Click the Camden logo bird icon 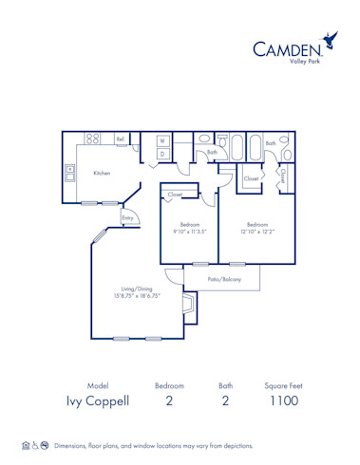[331, 40]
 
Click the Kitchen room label [102, 174]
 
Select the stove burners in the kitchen [93, 139]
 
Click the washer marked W [162, 140]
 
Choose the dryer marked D [162, 153]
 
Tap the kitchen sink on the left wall [70, 173]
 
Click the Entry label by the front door [127, 217]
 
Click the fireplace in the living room [190, 307]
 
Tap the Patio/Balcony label [225, 279]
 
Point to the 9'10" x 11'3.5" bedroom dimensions [188, 231]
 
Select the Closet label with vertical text [284, 175]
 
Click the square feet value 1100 [282, 400]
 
